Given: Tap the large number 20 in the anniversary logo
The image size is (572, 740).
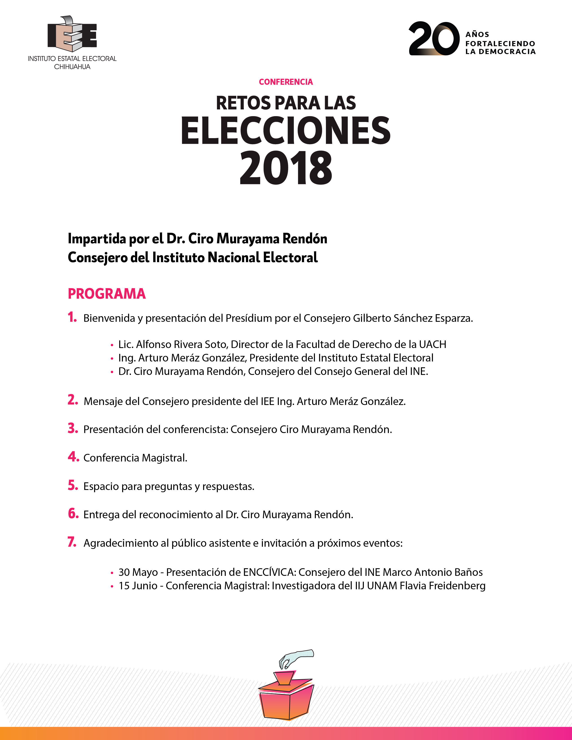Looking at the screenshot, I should point(434,38).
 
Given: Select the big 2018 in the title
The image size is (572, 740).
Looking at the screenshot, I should point(286,168).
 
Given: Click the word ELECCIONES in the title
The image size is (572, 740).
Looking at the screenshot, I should point(286,131).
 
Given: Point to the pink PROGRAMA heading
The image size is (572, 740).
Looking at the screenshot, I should point(107,294).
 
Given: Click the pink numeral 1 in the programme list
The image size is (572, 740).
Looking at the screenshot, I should point(72,318).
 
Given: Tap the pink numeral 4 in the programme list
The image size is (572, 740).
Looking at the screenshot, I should point(73,457).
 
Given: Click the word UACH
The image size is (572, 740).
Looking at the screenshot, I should point(432,344).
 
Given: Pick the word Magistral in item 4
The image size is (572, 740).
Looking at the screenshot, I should point(164,458).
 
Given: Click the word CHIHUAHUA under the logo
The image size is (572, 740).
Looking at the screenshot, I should point(72,67).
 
